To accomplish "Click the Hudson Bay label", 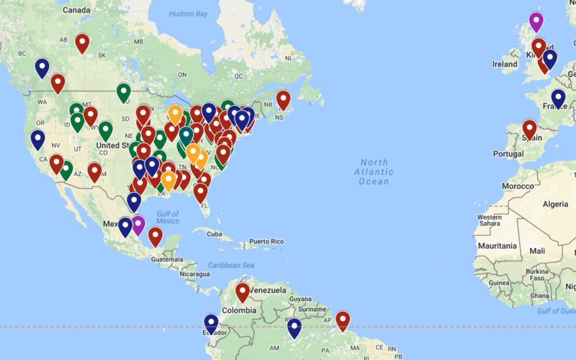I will pyautogui.click(x=188, y=14).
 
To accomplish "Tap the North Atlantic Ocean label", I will pyautogui.click(x=374, y=172).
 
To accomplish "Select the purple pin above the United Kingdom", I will pyautogui.click(x=536, y=22).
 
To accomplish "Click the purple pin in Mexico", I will pyautogui.click(x=138, y=225).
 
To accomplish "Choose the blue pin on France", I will pyautogui.click(x=558, y=99).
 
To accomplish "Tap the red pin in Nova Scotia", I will pyautogui.click(x=283, y=100).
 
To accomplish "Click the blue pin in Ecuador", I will pyautogui.click(x=211, y=324).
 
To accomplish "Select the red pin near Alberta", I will pyautogui.click(x=82, y=43).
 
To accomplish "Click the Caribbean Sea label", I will pyautogui.click(x=231, y=265).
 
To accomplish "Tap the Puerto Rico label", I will pyautogui.click(x=267, y=242).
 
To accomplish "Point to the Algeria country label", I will pyautogui.click(x=555, y=204).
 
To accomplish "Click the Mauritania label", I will pyautogui.click(x=498, y=246).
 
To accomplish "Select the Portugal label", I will pyautogui.click(x=508, y=154).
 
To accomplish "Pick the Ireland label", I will pyautogui.click(x=505, y=64).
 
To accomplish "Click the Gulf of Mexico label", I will pyautogui.click(x=167, y=217).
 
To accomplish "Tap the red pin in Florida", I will pyautogui.click(x=201, y=193).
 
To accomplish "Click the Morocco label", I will pyautogui.click(x=517, y=186).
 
